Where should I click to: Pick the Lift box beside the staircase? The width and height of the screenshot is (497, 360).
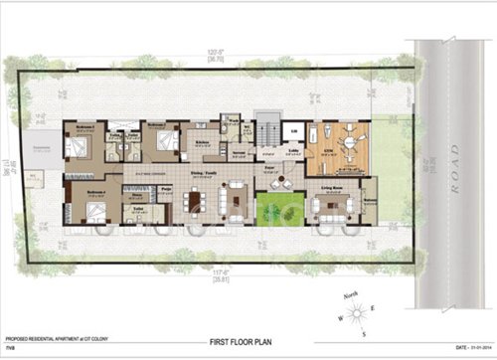point(292,130)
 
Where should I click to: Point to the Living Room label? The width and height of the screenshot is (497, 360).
point(332,187)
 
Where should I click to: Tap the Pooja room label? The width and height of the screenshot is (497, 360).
point(167,188)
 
